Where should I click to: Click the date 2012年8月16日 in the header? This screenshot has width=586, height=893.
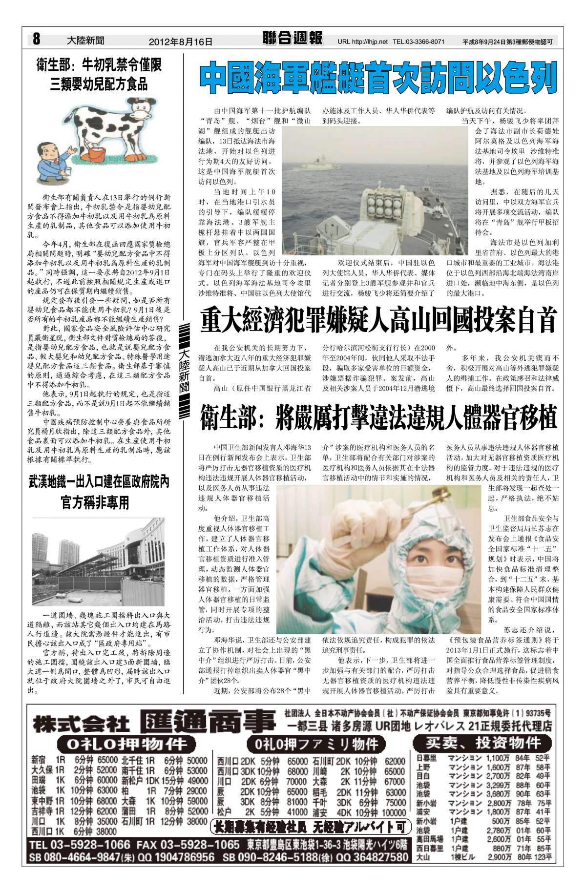coord(181,42)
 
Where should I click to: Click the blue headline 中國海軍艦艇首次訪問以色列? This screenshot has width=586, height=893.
coord(378,77)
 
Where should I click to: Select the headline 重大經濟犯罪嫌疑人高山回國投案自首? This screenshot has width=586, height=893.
coord(378,321)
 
